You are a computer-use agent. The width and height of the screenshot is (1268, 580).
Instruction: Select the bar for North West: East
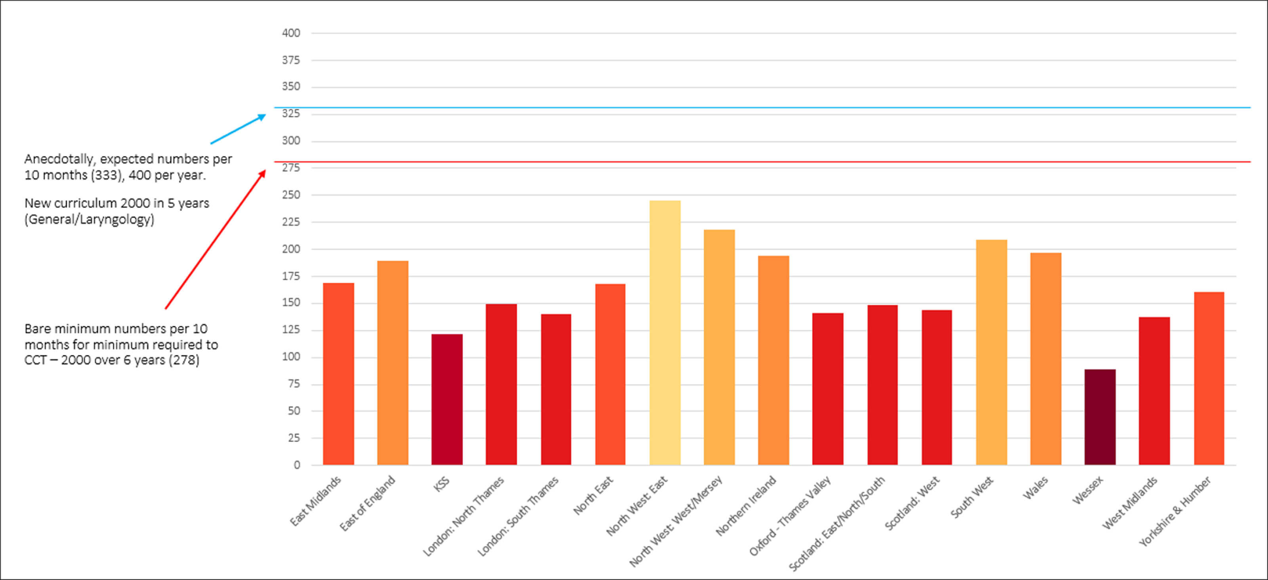coord(665,332)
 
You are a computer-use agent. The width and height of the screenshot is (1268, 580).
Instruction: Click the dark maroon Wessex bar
coord(1100,417)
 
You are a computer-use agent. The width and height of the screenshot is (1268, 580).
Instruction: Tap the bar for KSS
coord(447,399)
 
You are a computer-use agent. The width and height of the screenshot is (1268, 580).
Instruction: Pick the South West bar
coord(991,352)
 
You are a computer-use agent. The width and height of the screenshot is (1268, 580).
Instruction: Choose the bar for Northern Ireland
coord(773,360)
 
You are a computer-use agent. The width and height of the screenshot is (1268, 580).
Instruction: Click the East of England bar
coord(392,362)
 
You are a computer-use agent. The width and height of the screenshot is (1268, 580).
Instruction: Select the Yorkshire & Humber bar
coord(1209,378)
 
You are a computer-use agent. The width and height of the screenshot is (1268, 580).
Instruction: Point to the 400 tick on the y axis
coord(290,33)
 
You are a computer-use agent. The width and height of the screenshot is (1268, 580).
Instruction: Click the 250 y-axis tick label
coord(290,195)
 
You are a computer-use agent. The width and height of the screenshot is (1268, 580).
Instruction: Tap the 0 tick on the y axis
coord(296,465)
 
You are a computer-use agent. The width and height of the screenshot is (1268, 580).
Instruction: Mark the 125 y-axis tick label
coord(290,330)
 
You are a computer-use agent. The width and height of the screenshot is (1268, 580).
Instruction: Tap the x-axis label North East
coord(593,495)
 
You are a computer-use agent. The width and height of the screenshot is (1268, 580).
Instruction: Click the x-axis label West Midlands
coord(1129,503)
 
